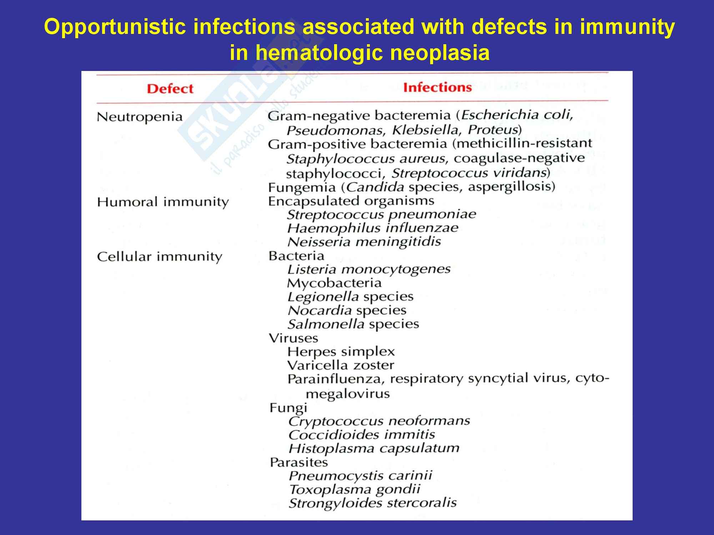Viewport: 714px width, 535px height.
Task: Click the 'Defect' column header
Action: pyautogui.click(x=170, y=88)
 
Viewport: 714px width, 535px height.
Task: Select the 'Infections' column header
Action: pyautogui.click(x=437, y=87)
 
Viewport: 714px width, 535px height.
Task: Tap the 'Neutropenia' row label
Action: pyautogui.click(x=140, y=117)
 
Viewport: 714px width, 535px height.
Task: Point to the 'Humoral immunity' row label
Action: pyautogui.click(x=163, y=202)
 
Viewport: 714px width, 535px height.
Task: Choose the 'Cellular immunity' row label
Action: pyautogui.click(x=160, y=257)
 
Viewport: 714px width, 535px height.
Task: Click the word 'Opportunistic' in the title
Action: pyautogui.click(x=115, y=27)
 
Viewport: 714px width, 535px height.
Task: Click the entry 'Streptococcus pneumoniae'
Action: pyautogui.click(x=382, y=214)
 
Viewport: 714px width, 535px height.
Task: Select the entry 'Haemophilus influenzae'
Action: pyautogui.click(x=373, y=228)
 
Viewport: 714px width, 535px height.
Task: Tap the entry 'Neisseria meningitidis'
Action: pyautogui.click(x=364, y=242)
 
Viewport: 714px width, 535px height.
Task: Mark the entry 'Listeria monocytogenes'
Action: pyautogui.click(x=369, y=269)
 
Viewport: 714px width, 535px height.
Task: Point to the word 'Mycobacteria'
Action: pyautogui.click(x=334, y=283)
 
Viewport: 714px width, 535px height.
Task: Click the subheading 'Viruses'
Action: pyautogui.click(x=293, y=338)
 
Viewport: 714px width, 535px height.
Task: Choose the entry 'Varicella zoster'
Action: pyautogui.click(x=341, y=366)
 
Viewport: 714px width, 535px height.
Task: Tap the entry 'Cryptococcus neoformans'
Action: pyautogui.click(x=379, y=421)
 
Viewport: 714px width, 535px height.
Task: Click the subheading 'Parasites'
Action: pyautogui.click(x=299, y=463)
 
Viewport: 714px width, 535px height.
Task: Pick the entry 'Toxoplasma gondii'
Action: pyautogui.click(x=355, y=490)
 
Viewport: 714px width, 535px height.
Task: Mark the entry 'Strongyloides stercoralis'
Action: pyautogui.click(x=373, y=503)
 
